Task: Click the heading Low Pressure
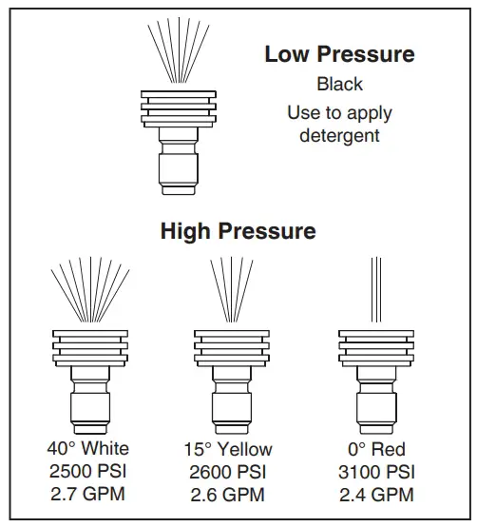339,54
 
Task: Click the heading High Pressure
238,230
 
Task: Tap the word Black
339,84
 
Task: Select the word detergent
339,135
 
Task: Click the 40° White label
88,448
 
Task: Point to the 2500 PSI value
88,471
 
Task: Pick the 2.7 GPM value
88,494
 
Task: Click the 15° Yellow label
228,448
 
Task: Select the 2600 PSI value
228,471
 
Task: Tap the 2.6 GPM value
228,494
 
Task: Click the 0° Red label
377,448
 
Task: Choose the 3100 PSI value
377,471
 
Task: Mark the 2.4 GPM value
377,494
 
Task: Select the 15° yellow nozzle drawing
228,381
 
